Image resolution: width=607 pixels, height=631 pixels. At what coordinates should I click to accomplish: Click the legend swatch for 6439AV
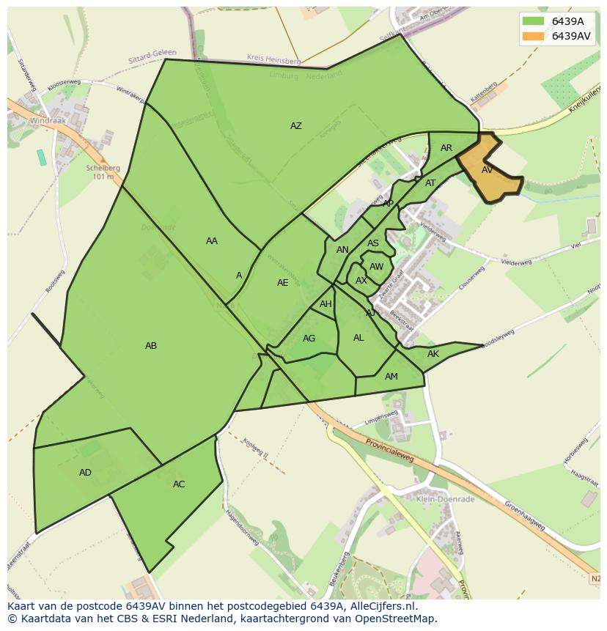tap(533, 36)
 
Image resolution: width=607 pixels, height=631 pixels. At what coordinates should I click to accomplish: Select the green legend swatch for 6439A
tap(533, 21)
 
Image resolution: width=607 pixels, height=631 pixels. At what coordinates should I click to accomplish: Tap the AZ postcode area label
tap(295, 126)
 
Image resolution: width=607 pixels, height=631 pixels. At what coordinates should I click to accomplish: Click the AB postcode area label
tap(151, 346)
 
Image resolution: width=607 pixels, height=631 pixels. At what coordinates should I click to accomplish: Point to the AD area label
tap(85, 473)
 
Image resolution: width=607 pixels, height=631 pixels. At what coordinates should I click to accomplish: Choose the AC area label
tap(179, 484)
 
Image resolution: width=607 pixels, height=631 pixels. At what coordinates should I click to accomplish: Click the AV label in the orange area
tap(487, 170)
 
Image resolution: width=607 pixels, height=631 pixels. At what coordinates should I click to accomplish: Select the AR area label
tap(446, 148)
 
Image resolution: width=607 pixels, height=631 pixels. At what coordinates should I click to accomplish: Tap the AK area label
tap(433, 354)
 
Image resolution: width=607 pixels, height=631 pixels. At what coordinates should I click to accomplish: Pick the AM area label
tap(391, 377)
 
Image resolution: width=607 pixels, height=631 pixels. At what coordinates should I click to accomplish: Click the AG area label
tap(309, 339)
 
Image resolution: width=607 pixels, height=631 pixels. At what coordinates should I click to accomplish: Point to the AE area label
tap(282, 283)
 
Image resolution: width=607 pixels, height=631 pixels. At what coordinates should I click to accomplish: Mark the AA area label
tap(212, 241)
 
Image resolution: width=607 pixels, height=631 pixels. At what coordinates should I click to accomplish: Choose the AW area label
tap(376, 267)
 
